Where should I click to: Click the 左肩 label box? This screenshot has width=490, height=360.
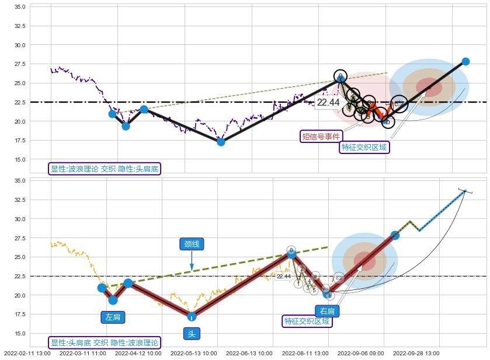(113, 317)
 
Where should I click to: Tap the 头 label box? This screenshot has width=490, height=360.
(192, 334)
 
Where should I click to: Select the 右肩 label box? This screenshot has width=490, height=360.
(326, 311)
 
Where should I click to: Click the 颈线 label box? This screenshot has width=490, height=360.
(192, 244)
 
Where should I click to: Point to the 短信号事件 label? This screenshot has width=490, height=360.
(321, 137)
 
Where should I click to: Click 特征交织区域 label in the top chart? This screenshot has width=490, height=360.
(364, 148)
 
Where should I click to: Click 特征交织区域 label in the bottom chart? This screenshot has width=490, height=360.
(307, 321)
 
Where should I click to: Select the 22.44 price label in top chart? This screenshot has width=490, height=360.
(328, 103)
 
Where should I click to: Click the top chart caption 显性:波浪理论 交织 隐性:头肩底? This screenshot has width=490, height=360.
(105, 169)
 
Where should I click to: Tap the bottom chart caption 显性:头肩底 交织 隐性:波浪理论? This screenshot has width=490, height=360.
(105, 342)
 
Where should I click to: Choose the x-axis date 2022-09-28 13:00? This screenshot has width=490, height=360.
(416, 353)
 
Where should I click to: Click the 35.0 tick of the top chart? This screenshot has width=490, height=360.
(19, 6)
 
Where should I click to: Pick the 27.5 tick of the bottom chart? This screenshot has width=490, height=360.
(19, 238)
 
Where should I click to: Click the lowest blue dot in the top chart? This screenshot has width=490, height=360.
(221, 141)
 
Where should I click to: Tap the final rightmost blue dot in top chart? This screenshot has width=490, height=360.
(465, 61)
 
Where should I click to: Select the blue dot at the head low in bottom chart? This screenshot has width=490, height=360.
(192, 316)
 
